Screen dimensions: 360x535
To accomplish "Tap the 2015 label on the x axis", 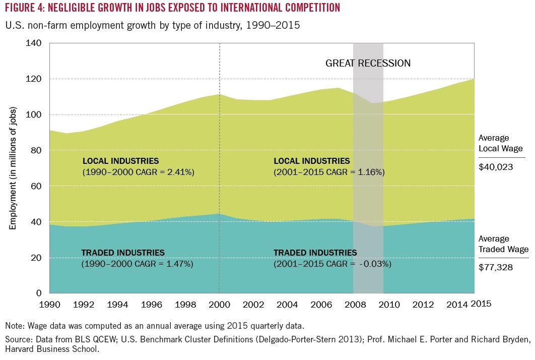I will pos(481,304).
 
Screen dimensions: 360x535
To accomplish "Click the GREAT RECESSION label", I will pos(368,64).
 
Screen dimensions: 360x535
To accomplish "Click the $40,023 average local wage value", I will pos(496,167).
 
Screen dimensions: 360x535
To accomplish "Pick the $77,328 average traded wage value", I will pos(496,268).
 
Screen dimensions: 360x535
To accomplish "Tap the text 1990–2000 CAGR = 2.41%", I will pos(138,172).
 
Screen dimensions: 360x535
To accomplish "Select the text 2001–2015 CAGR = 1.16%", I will pos(329,172).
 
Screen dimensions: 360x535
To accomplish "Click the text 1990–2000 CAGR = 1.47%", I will pos(137,263).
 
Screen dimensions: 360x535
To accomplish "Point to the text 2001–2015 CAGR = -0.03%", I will pos(332,263).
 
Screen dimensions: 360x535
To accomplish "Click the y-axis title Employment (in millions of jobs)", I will pos(14,168).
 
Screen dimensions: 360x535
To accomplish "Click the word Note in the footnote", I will pos(14,325).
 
